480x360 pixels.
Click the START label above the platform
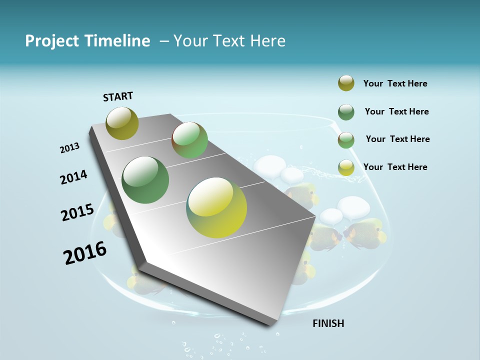(118, 96)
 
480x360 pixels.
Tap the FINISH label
(328, 323)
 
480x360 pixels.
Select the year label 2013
(69, 148)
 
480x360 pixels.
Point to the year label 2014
(73, 177)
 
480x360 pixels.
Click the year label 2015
(77, 212)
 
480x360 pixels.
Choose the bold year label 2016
(85, 253)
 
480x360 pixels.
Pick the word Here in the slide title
(267, 41)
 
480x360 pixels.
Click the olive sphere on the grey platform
(122, 123)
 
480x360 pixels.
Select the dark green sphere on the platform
(145, 180)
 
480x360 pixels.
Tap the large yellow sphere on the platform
(216, 207)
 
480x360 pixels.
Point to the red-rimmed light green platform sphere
(189, 140)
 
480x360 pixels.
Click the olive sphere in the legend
(346, 83)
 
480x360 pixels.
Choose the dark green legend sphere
(346, 112)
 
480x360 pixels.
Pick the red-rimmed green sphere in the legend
(346, 140)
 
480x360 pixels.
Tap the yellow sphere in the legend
(346, 167)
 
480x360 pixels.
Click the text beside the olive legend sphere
(395, 83)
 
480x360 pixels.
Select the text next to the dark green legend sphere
(396, 111)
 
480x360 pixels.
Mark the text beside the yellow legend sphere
(395, 167)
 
